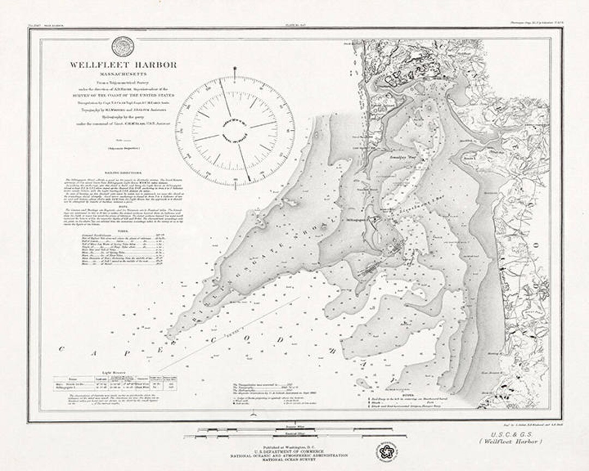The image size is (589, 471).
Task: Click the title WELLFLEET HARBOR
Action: pyautogui.click(x=123, y=65)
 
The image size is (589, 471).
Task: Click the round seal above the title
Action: pyautogui.click(x=123, y=46)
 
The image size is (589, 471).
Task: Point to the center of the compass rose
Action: pyautogui.click(x=235, y=130)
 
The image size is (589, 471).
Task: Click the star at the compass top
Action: pyautogui.click(x=235, y=69)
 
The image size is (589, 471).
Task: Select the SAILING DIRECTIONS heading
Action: pyautogui.click(x=123, y=171)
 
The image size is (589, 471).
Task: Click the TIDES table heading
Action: pyautogui.click(x=123, y=230)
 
